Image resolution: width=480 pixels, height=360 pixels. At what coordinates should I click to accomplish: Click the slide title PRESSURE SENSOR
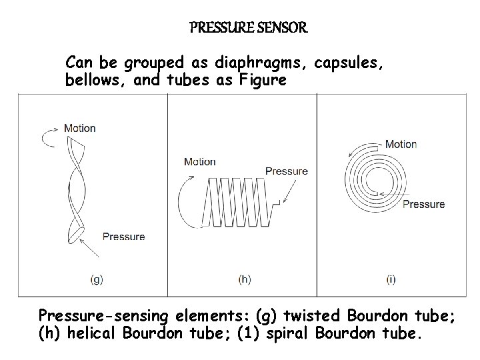click(248, 28)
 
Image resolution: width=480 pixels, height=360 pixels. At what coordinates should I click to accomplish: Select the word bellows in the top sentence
click(93, 81)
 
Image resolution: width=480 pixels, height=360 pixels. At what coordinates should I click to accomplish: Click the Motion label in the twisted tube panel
click(79, 128)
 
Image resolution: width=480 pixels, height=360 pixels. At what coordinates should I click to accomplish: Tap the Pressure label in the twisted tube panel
click(123, 236)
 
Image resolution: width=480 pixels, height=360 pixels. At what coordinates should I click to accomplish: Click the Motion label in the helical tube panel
click(199, 161)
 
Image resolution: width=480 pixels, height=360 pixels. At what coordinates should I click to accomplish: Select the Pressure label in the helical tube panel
click(286, 171)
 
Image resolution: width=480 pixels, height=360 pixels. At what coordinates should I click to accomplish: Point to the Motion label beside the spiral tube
click(401, 144)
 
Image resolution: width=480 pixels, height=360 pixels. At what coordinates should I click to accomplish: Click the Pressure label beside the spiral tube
click(423, 204)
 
